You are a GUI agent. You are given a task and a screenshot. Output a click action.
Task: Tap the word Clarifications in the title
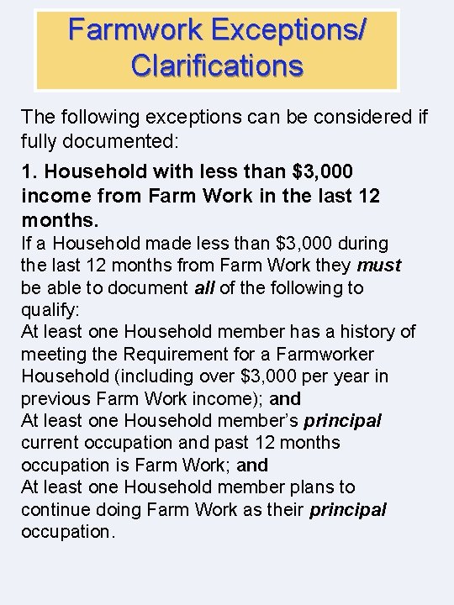tap(216, 65)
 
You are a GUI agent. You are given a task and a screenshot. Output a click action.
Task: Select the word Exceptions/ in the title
tap(290, 30)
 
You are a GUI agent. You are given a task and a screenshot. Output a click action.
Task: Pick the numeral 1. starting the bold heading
tap(29, 171)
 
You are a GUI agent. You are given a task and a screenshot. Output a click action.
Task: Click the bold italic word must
tap(379, 266)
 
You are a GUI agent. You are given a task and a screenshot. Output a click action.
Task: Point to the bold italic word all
tap(205, 288)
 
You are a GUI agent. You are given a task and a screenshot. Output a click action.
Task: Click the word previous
tap(55, 398)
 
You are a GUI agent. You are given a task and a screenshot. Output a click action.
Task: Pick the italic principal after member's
tap(342, 420)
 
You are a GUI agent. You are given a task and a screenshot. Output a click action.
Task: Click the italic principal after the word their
tap(347, 509)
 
